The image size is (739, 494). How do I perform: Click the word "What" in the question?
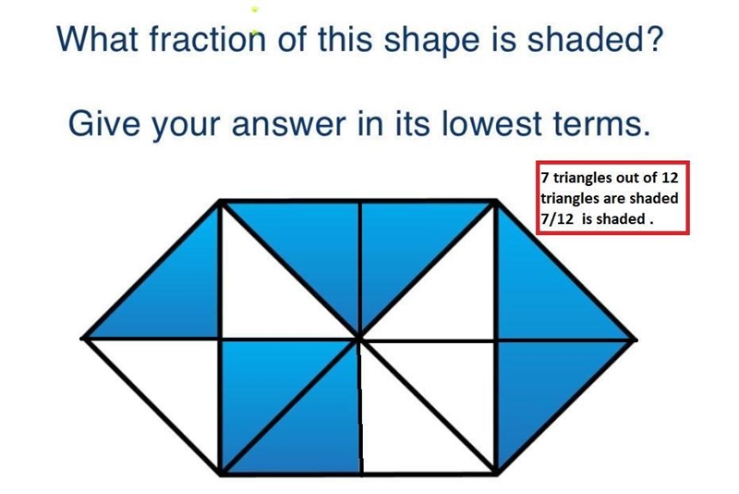click(97, 39)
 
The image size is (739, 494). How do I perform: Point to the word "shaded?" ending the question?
click(595, 38)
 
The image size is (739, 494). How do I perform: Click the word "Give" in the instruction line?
click(103, 123)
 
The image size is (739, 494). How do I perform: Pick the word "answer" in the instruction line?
click(288, 126)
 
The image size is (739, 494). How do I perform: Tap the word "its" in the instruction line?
click(412, 124)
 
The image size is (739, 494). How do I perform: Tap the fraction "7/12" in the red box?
click(557, 219)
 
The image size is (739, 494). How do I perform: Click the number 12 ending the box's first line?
click(669, 178)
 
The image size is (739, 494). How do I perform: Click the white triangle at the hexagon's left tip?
click(176, 382)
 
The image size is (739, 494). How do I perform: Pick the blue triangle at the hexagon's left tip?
click(175, 293)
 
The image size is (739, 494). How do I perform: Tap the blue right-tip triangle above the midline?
click(542, 293)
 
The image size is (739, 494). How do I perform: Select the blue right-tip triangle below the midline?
click(542, 385)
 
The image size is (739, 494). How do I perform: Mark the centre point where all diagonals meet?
click(359, 339)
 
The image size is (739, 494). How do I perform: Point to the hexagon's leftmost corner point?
click(83, 339)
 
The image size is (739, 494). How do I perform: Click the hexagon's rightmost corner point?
click(636, 340)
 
